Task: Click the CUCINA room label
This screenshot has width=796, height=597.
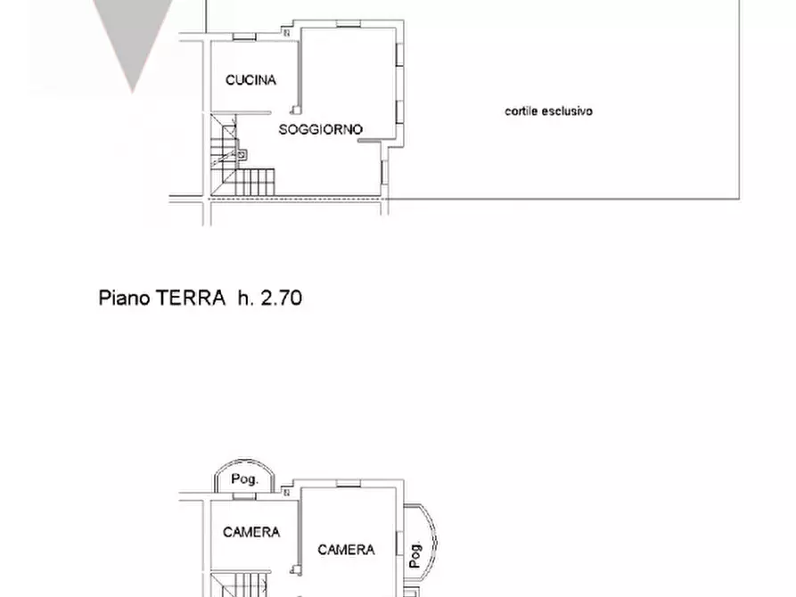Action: click(x=250, y=80)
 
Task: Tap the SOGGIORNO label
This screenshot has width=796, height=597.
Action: click(x=321, y=129)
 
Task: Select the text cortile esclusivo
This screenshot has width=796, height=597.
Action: click(x=548, y=111)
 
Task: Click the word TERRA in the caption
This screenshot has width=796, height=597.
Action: click(x=191, y=298)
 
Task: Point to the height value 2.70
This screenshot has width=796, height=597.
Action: click(x=281, y=298)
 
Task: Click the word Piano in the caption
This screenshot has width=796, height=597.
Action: click(x=125, y=298)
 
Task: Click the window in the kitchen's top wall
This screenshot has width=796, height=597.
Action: click(x=245, y=37)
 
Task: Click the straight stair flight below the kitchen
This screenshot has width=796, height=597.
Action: click(x=253, y=182)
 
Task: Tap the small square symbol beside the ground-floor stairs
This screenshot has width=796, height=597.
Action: click(x=242, y=154)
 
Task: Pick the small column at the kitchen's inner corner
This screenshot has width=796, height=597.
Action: click(x=286, y=33)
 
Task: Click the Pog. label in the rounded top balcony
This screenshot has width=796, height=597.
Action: click(x=244, y=479)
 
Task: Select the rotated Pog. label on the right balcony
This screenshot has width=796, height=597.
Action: click(x=415, y=554)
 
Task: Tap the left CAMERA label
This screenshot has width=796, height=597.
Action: click(x=251, y=532)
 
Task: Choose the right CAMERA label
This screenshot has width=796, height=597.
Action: click(x=346, y=550)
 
